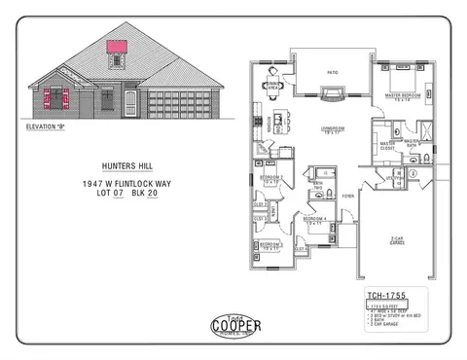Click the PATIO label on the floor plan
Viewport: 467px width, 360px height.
(x=333, y=72)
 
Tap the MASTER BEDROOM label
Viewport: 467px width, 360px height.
(x=401, y=96)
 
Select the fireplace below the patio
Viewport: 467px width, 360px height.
(x=332, y=93)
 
